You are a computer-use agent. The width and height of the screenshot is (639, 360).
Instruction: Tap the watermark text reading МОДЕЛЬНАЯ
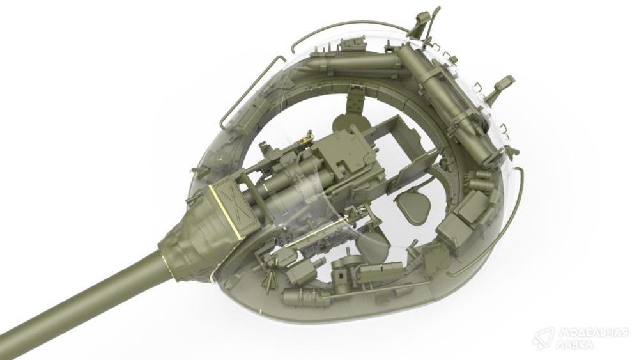pyautogui.click(x=593, y=333)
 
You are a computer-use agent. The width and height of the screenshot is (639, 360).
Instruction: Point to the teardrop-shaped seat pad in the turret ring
pyautogui.click(x=412, y=204)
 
